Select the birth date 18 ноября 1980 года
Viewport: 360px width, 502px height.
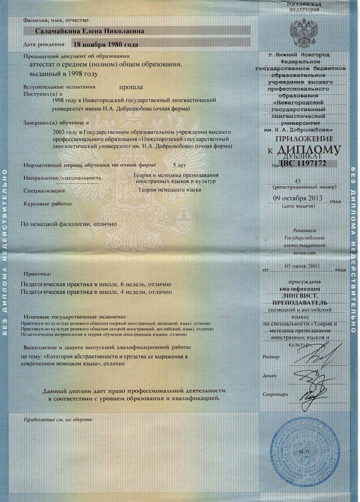(x=106, y=45)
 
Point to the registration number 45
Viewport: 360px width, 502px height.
(x=297, y=181)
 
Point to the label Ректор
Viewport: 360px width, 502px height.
(x=271, y=357)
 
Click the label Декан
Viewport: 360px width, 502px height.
(x=270, y=376)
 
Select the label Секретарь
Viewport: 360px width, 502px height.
(x=275, y=394)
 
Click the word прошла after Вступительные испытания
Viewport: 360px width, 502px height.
(x=131, y=87)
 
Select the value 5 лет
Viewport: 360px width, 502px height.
(x=179, y=165)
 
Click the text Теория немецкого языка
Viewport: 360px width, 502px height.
(x=170, y=190)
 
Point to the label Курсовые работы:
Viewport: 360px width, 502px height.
(x=48, y=204)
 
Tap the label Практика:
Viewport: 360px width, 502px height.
(x=37, y=274)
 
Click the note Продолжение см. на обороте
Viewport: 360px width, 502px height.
(x=58, y=419)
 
